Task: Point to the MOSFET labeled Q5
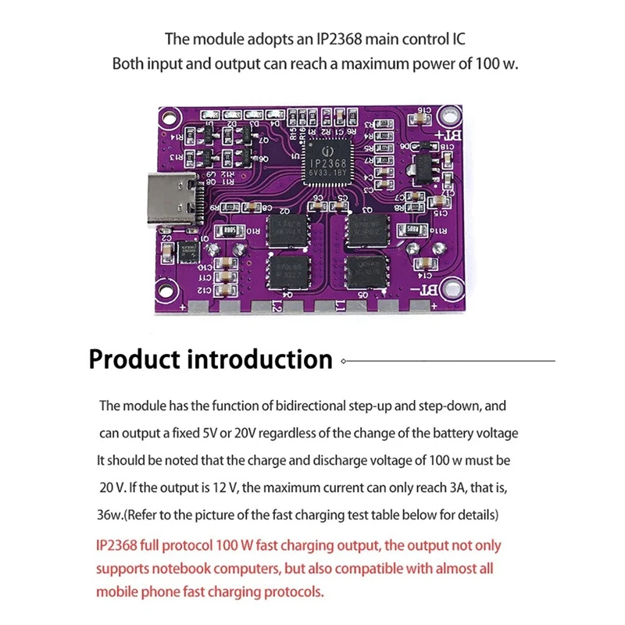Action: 365,273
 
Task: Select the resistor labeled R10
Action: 231,231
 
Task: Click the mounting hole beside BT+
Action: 448,117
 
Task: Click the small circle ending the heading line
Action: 343,361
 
